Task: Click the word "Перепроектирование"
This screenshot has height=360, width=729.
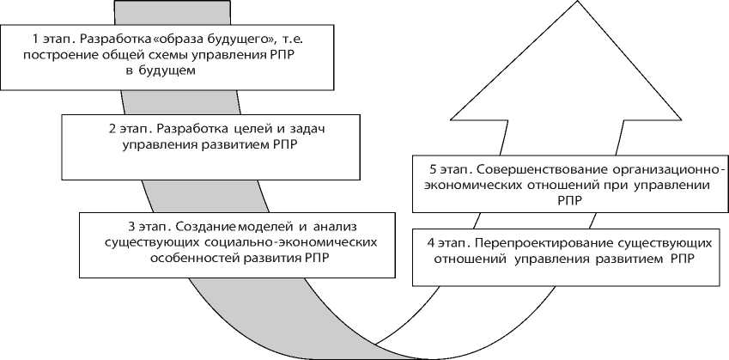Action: click(x=530, y=241)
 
